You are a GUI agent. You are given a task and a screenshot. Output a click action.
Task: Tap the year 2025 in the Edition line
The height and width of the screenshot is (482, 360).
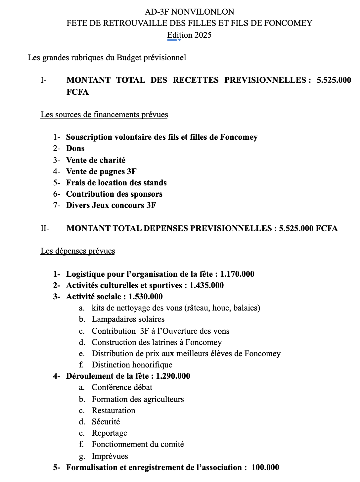(x=203, y=35)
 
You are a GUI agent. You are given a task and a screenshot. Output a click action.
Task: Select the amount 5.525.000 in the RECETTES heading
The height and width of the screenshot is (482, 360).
(x=334, y=80)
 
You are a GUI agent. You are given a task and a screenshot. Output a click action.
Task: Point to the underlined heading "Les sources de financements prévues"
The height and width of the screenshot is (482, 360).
(x=104, y=115)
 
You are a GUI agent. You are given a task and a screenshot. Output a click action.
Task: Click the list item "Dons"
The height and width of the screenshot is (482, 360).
(x=75, y=148)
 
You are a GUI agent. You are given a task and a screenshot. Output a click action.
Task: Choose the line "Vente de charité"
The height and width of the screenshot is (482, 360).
(x=96, y=160)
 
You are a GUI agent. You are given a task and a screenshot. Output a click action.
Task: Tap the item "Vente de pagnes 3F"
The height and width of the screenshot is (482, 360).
(x=101, y=171)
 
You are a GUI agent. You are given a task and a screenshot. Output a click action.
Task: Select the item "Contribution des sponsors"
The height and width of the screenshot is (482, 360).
(x=114, y=194)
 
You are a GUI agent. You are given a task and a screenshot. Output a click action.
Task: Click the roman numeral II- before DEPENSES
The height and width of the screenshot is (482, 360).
(x=45, y=228)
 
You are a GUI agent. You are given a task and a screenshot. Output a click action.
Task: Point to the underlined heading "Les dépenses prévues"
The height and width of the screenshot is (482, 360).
(x=78, y=251)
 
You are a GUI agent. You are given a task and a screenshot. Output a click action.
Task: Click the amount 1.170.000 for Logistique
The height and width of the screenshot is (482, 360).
(x=237, y=274)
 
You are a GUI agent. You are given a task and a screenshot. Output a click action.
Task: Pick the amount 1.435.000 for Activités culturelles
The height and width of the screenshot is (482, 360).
(x=206, y=285)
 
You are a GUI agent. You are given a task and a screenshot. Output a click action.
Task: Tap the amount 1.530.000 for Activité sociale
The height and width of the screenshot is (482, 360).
(x=146, y=297)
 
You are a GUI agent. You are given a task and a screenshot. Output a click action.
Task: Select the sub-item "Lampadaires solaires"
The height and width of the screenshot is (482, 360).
(x=128, y=319)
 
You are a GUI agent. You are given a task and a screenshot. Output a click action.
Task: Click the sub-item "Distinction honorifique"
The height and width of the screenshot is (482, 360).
(x=132, y=365)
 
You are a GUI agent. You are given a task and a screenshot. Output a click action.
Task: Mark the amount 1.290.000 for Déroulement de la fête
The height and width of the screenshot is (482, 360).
(x=173, y=376)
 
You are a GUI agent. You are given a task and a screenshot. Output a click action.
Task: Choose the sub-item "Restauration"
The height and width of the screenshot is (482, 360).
(x=113, y=410)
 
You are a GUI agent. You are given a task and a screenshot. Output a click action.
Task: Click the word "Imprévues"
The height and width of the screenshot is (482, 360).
(x=110, y=456)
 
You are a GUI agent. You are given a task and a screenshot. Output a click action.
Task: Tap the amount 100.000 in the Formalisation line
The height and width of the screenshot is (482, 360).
(x=265, y=467)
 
